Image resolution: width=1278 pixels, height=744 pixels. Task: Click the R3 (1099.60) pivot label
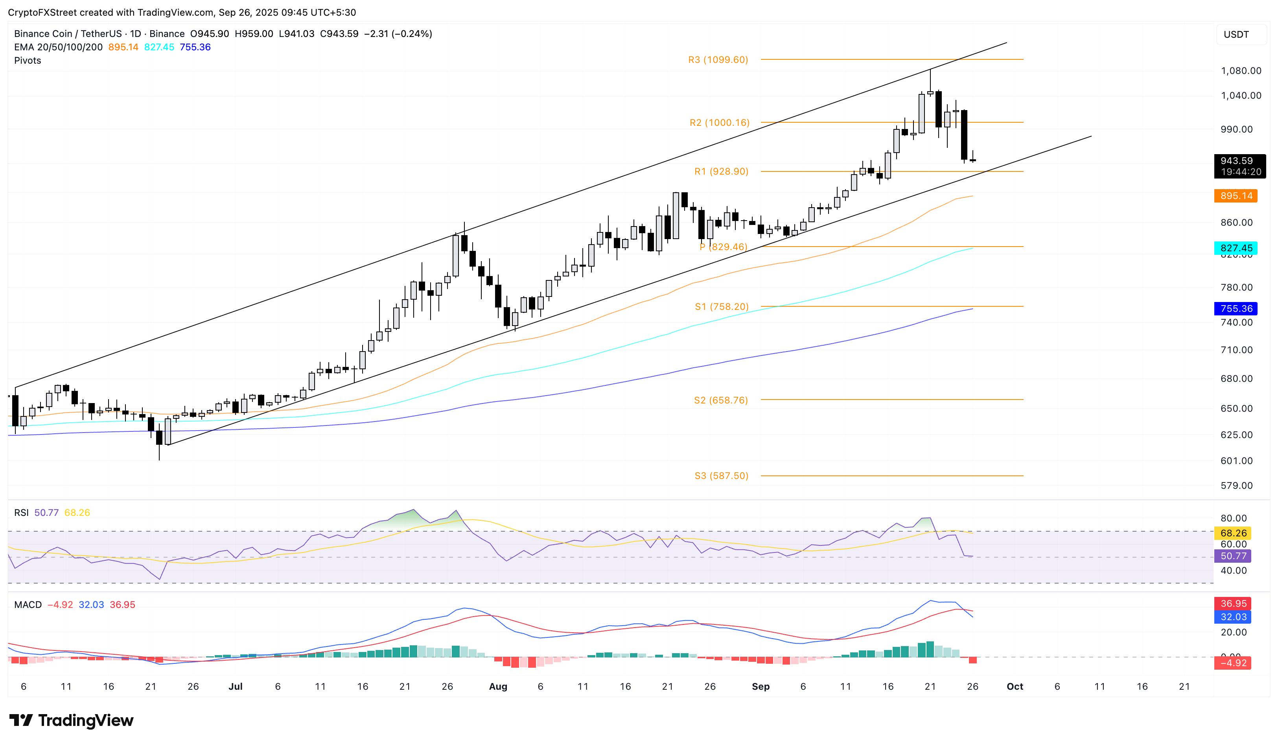point(718,60)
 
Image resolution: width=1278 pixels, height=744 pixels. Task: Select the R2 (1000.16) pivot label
point(719,123)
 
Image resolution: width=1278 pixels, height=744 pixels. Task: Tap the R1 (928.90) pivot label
point(721,171)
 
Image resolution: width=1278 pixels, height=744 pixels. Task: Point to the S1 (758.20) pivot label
point(721,307)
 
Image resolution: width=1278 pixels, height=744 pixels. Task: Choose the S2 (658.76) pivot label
point(721,400)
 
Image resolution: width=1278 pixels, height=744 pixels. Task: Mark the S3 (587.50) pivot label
point(721,476)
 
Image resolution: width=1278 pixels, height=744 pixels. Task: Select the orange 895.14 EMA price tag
point(1236,196)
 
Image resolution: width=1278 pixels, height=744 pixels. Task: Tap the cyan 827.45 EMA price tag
point(1236,248)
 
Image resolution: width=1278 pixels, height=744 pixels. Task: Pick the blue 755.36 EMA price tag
point(1236,308)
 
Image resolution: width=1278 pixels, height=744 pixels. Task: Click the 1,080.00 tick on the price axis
point(1241,70)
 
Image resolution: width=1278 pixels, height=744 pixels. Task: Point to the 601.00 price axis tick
point(1236,460)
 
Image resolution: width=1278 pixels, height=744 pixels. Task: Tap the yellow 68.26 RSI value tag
point(1233,533)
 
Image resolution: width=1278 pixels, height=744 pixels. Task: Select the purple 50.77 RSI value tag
point(1233,556)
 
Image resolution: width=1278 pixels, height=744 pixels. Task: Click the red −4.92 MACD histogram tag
point(1233,663)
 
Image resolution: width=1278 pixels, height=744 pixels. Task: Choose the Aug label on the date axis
point(497,687)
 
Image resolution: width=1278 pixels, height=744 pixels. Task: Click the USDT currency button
point(1236,35)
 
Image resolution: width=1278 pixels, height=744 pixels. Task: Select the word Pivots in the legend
point(28,60)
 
